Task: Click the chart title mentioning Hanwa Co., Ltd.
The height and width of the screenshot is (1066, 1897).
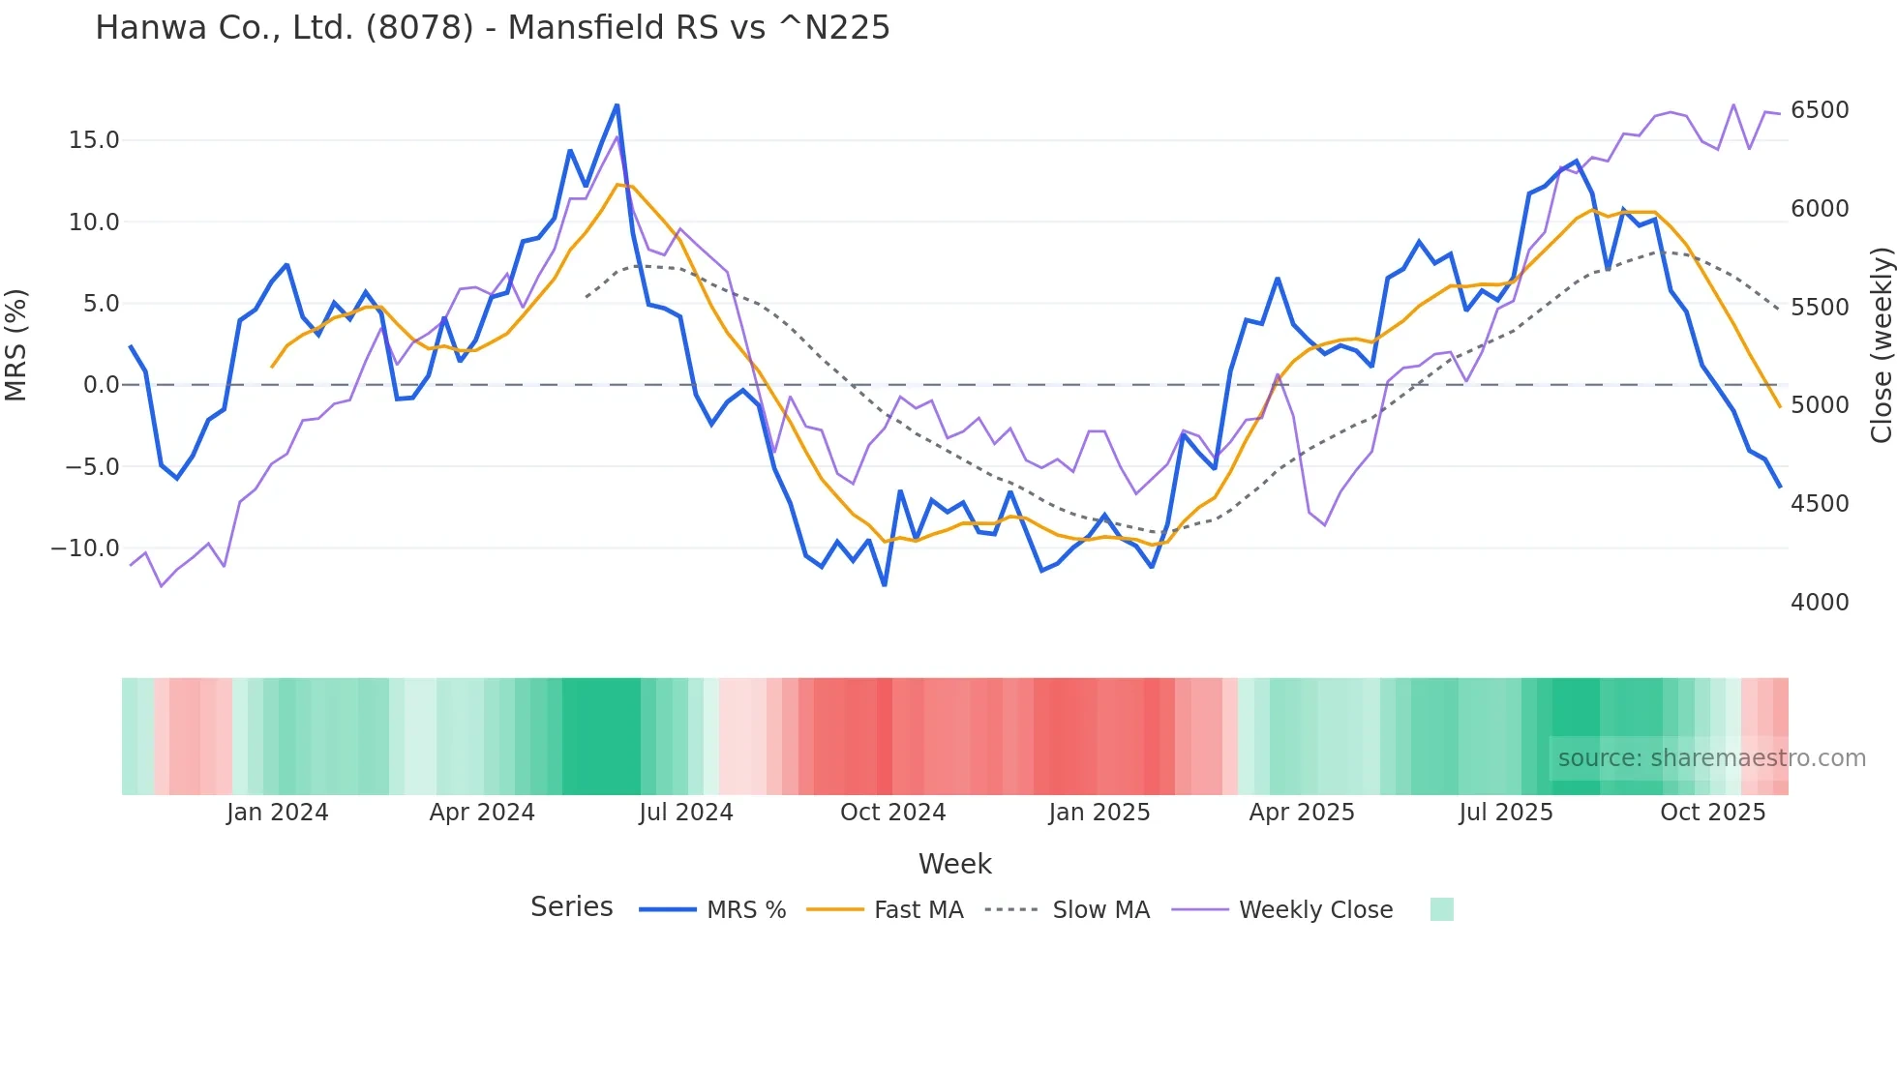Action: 492,28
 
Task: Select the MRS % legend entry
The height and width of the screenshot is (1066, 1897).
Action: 745,910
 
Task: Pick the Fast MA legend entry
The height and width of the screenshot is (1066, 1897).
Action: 918,910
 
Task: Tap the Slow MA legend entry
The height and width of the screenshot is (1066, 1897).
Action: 1100,910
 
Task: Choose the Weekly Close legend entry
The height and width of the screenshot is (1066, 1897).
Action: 1315,910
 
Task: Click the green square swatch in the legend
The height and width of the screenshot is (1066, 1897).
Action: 1441,909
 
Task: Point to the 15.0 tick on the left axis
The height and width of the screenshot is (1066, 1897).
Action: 94,140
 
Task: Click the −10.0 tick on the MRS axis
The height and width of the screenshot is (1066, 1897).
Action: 85,548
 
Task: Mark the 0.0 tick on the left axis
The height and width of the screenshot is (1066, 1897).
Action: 102,385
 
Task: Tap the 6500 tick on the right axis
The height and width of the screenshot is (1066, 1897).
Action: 1819,110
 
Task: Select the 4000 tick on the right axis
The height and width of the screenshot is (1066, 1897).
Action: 1819,603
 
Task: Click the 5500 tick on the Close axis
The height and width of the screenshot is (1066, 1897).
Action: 1819,308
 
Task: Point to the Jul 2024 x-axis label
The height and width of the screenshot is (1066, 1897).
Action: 685,813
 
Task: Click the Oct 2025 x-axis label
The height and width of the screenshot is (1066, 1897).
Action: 1712,813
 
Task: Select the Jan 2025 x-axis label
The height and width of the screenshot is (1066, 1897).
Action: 1099,813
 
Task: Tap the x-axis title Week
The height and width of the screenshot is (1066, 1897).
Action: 954,864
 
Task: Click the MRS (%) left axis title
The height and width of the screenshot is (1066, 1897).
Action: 16,344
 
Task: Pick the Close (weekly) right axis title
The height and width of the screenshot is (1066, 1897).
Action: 1881,344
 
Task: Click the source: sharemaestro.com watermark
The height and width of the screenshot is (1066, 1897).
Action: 1711,758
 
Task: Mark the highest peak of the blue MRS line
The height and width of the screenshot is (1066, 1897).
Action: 617,105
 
